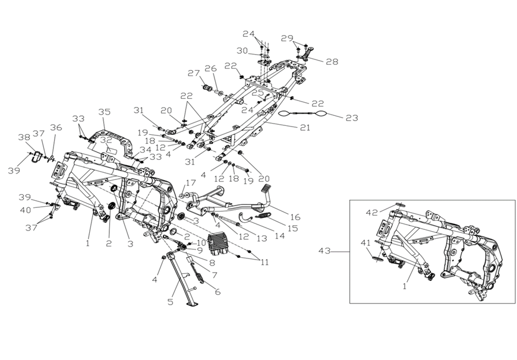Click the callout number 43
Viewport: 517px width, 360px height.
click(x=324, y=251)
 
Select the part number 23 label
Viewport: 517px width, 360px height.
click(x=352, y=118)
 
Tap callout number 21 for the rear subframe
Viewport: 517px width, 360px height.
click(x=305, y=127)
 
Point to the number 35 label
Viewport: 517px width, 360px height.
click(x=105, y=112)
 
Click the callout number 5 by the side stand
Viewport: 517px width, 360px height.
click(x=170, y=302)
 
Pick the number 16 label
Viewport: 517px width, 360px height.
click(x=295, y=217)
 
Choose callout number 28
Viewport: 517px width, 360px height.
click(x=332, y=61)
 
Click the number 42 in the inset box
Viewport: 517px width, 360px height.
click(x=372, y=213)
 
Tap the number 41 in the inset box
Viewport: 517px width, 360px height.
click(x=365, y=243)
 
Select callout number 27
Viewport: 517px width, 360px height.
click(x=194, y=73)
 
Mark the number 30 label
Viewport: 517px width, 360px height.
click(x=242, y=50)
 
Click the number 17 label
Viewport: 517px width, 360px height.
click(x=191, y=182)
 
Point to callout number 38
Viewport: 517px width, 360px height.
click(x=24, y=137)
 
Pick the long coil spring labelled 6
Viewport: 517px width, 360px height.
click(x=198, y=272)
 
